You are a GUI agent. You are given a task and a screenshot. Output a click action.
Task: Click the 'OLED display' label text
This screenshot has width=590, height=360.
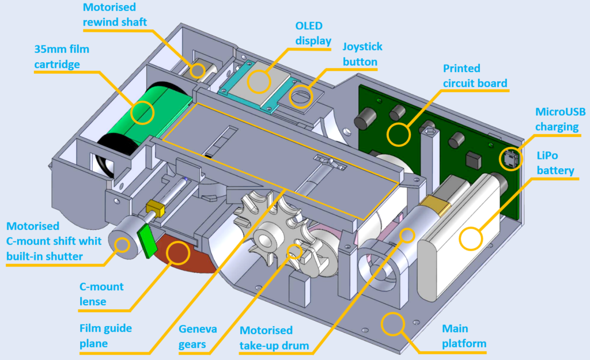click(x=313, y=33)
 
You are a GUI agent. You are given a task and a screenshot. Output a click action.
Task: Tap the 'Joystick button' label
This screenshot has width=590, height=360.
click(x=362, y=54)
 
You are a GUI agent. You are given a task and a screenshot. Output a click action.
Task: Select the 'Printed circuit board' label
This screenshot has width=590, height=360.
click(x=475, y=75)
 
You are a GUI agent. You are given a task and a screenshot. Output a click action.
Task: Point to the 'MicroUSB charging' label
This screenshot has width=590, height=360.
click(x=560, y=119)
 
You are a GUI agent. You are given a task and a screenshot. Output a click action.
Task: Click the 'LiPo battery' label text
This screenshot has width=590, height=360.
click(x=555, y=163)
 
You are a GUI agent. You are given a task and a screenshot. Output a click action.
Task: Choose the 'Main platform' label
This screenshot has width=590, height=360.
click(x=464, y=336)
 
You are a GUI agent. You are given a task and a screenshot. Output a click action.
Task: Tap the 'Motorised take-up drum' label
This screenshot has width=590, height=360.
click(x=274, y=338)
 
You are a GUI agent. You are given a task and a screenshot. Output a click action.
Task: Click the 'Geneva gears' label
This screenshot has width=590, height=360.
click(x=198, y=337)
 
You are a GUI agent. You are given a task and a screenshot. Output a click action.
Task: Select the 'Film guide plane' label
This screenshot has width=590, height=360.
click(x=105, y=336)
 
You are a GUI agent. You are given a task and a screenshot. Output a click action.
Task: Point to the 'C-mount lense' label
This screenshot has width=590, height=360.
click(x=101, y=294)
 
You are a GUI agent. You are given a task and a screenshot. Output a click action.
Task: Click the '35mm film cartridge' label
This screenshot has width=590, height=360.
click(x=61, y=56)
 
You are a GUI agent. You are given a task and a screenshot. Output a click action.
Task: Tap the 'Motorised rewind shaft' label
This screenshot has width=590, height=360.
click(x=115, y=14)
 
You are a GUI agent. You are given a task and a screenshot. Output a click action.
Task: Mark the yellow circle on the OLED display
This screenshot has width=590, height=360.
click(x=259, y=82)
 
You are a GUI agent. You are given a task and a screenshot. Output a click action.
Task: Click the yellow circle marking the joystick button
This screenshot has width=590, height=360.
click(x=301, y=97)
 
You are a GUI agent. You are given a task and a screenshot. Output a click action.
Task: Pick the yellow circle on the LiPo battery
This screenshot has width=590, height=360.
click(x=470, y=239)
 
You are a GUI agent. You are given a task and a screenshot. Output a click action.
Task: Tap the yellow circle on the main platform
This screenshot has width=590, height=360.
click(x=392, y=324)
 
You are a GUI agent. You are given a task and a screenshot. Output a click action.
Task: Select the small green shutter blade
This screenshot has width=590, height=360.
click(x=147, y=241)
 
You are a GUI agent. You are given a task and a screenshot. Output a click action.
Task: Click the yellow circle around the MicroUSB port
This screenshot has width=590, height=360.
click(x=510, y=159)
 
